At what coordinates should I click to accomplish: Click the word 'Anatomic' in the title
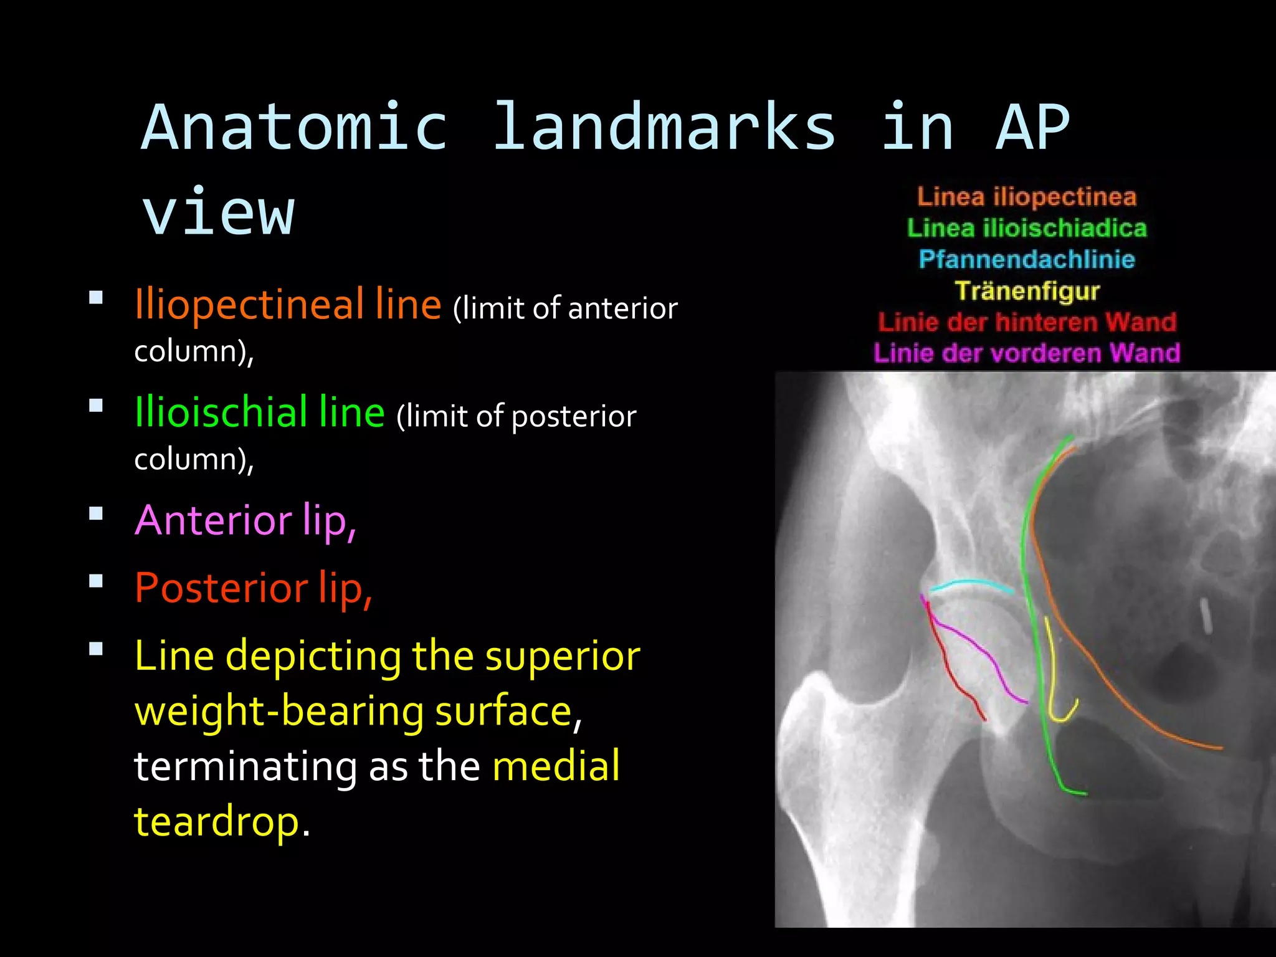tap(294, 128)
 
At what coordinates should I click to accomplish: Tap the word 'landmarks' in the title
tap(664, 128)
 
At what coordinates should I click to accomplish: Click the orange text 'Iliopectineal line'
tap(288, 305)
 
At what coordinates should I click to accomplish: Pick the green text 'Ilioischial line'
tap(259, 413)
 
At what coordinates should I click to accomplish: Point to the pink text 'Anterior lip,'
tap(245, 520)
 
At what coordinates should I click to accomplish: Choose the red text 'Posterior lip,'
tap(253, 588)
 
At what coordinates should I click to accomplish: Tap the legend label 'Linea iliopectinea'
tap(1027, 197)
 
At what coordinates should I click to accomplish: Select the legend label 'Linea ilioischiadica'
tap(1027, 228)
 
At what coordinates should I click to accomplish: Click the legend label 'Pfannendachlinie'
tap(1027, 259)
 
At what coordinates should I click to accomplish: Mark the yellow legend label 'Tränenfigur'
tap(1027, 291)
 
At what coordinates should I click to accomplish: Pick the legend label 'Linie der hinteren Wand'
tap(1027, 322)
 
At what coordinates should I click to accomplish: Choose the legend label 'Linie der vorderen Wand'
tap(1027, 353)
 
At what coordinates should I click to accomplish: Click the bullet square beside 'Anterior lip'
tap(96, 514)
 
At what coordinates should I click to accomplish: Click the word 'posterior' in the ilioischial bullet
tap(573, 417)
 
